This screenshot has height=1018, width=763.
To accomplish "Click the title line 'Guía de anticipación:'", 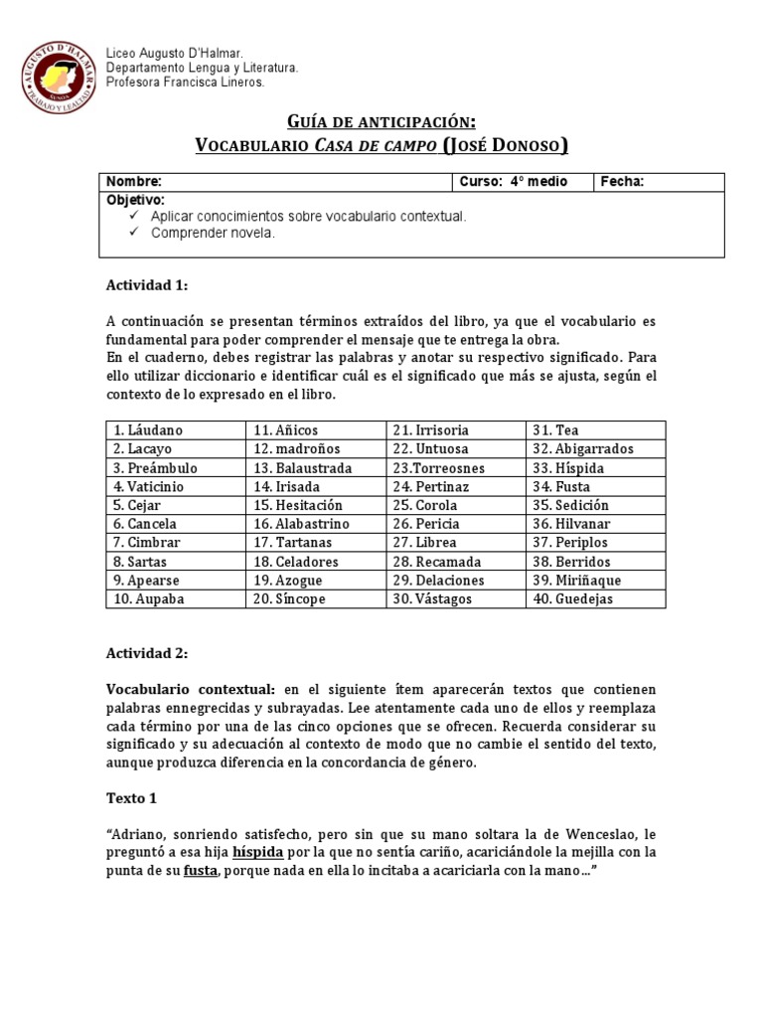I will point(381,121).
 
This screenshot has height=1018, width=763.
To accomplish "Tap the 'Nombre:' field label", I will point(133,182).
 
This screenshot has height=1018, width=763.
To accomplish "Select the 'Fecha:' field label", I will point(623,182).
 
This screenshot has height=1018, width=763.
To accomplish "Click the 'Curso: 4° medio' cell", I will point(507,182).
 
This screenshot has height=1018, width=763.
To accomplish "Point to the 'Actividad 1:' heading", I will point(146,285).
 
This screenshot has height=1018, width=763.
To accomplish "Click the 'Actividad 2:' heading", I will point(146,655).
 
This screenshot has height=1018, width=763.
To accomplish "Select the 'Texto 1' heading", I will point(131,797).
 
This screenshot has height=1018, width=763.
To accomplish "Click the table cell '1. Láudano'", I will point(148,430).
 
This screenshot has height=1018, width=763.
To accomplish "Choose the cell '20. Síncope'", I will point(289,599).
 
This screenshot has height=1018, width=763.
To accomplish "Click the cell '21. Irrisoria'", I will point(430,430).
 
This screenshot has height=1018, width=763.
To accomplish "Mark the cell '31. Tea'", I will point(555,430).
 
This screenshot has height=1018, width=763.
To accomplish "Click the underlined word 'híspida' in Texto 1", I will point(258,853).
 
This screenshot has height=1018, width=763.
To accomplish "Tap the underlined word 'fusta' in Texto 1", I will point(200,872).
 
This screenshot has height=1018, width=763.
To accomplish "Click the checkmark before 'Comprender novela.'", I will point(134,233).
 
